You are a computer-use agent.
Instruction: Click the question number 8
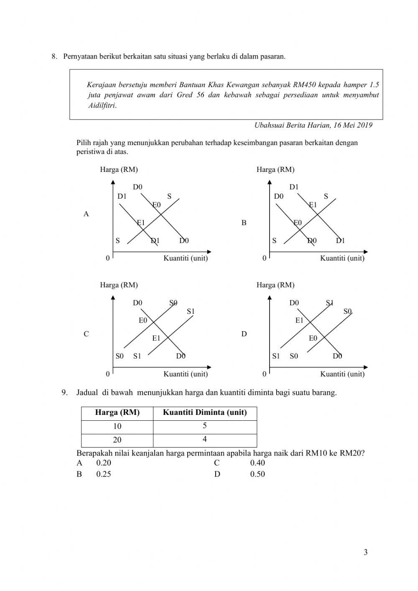pos(54,56)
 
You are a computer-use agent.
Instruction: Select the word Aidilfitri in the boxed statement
pos(102,105)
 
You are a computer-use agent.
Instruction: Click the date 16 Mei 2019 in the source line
pos(350,125)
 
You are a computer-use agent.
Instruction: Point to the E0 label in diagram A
pos(156,205)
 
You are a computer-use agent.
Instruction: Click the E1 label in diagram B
pos(313,205)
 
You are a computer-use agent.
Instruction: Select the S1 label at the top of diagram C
pos(191,311)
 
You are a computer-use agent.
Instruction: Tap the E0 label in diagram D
pos(313,338)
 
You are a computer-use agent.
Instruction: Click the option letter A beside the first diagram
pos(86,214)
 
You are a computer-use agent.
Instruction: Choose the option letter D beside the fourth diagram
pos(244,334)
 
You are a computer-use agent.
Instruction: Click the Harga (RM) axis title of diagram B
pos(275,169)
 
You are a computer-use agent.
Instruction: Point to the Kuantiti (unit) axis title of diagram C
pos(186,374)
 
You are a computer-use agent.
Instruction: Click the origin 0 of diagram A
pos(107,258)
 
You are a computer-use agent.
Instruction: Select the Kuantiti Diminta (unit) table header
pos(205,412)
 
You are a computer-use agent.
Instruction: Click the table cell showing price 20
pos(117,440)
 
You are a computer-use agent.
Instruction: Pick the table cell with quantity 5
pos(205,426)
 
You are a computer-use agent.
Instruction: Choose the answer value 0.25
pos(104,474)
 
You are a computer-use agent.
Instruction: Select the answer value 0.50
pos(257,474)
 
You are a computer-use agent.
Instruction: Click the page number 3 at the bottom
pos(365,553)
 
